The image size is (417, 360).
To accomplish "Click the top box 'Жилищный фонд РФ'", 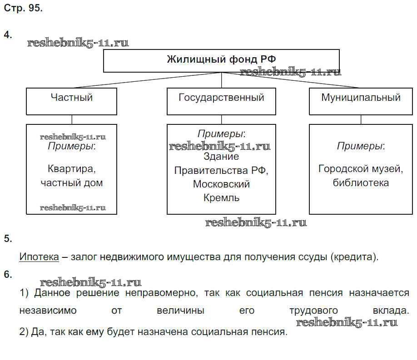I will pos(221,61).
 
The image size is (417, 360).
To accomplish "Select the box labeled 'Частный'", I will pos(71,101).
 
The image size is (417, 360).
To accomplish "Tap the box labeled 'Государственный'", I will pos(221,101).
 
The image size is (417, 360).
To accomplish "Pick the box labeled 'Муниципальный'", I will pos(361,101).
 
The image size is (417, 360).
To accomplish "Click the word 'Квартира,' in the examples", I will pos(72,169).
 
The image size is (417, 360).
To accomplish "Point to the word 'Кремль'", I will pos(222,198).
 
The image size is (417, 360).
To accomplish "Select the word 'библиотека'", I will pos(361,183).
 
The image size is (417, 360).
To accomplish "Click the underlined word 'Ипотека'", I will pos(39,256).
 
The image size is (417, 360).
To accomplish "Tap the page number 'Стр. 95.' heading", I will pos(23,9).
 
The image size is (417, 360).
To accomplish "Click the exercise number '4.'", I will pos(8,35).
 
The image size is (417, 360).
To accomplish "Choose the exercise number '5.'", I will pos(8,239).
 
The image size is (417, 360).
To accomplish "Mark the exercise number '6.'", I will pos(8,274).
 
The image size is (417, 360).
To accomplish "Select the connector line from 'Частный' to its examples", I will pos(72,119).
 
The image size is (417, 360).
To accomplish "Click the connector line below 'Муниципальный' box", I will pos(361,119).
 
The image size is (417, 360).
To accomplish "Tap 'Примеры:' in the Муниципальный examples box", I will pos(361,146).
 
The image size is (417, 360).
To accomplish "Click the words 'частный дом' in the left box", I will pos(72,183).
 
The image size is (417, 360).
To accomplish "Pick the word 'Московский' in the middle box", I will pos(222,184).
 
